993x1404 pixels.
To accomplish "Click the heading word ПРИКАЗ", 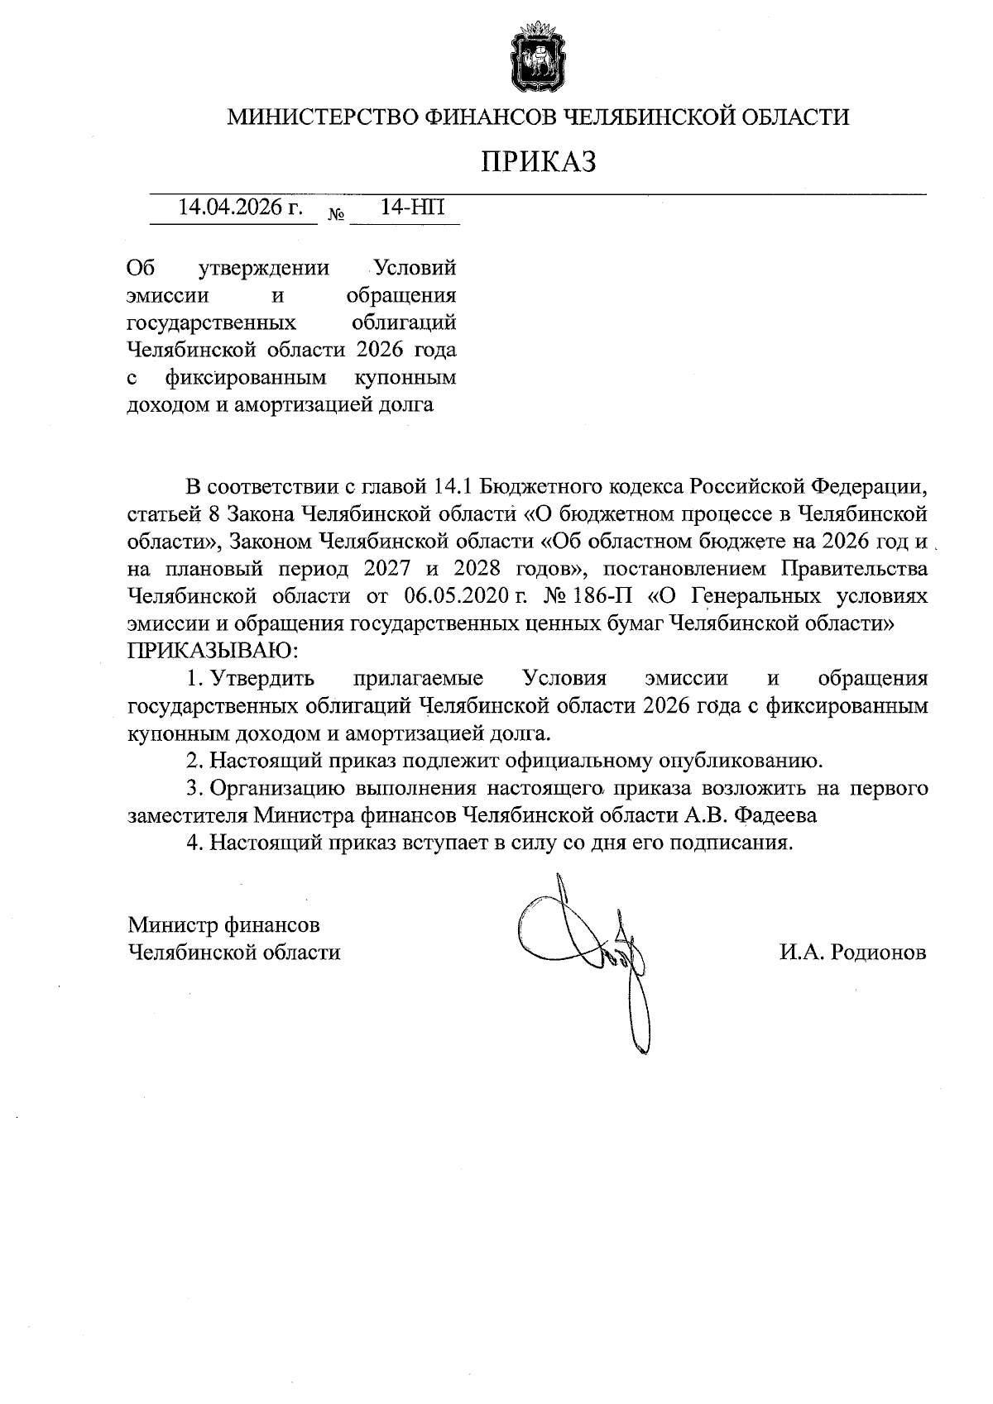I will pos(540,161).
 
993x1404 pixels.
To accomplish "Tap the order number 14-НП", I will pos(412,208).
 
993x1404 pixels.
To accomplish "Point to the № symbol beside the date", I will pos(337,214).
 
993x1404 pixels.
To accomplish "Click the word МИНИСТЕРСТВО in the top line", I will pos(323,117).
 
